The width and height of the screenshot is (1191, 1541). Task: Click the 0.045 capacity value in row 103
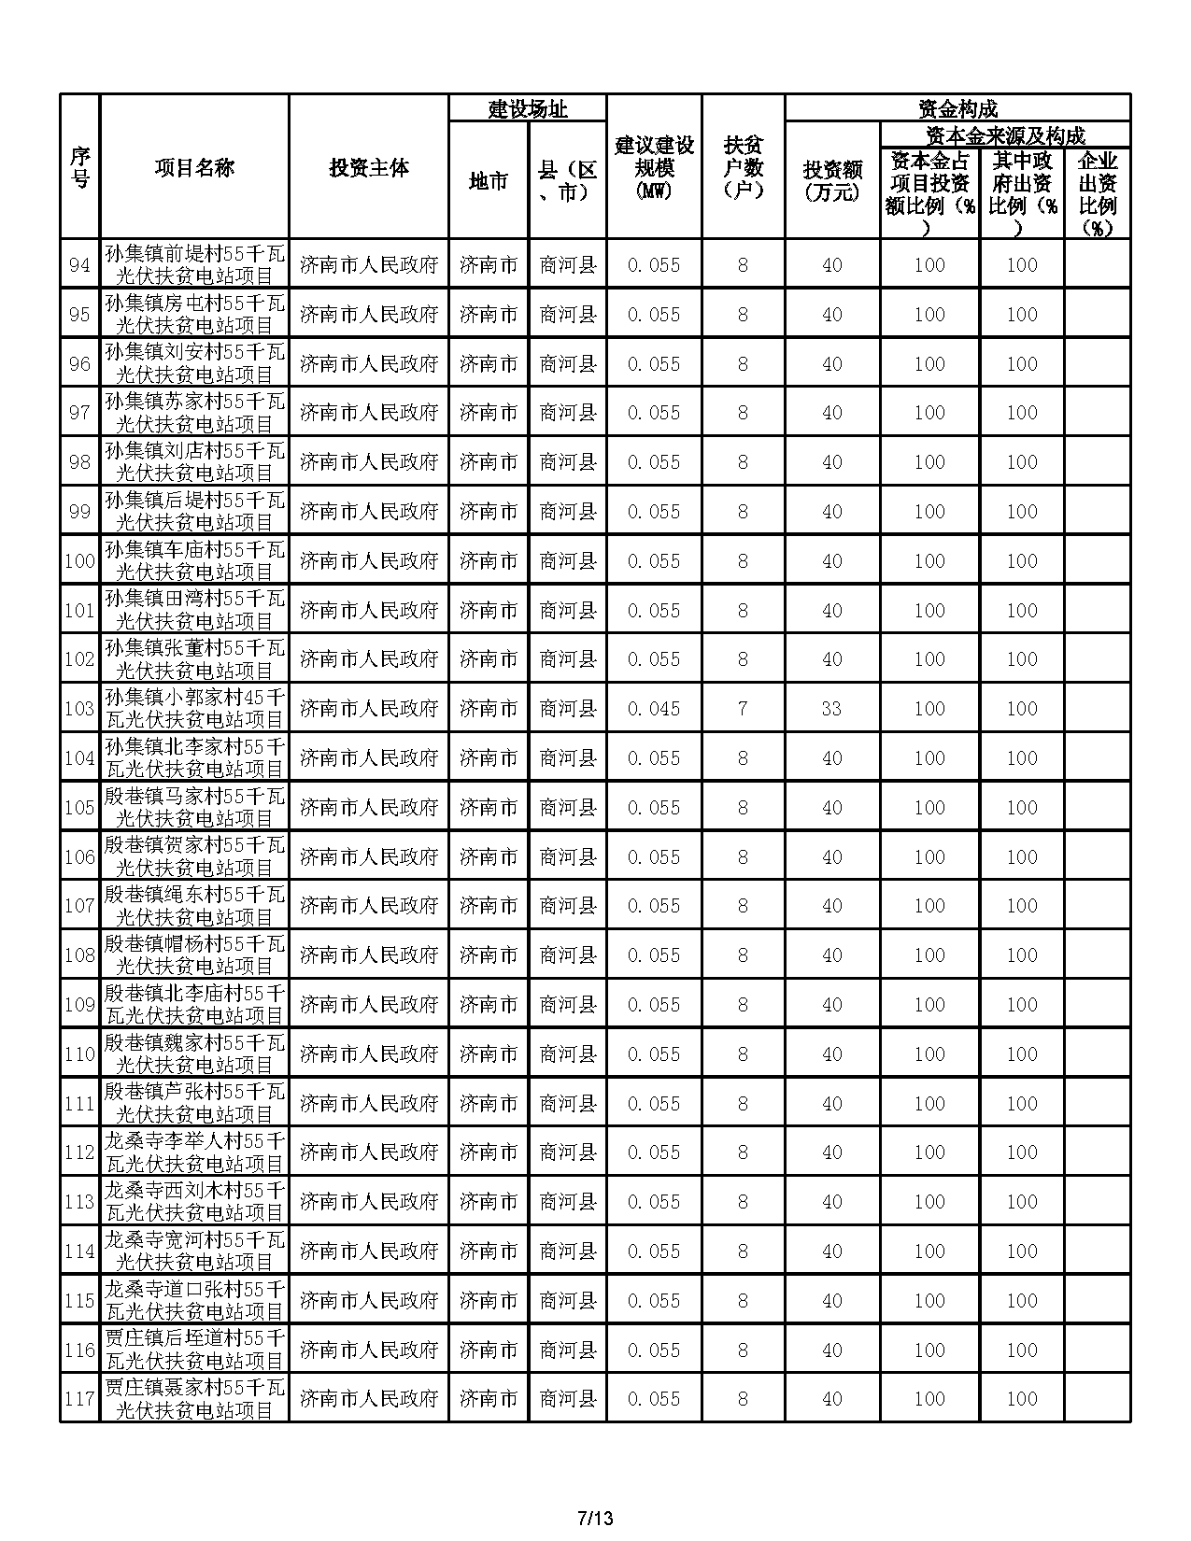pyautogui.click(x=654, y=709)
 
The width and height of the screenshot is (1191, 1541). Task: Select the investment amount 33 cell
pyautogui.click(x=831, y=709)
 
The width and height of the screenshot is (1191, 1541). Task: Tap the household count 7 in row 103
pyautogui.click(x=743, y=709)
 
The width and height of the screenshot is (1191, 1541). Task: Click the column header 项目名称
pyautogui.click(x=194, y=168)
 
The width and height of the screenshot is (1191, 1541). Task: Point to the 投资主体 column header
pyautogui.click(x=368, y=168)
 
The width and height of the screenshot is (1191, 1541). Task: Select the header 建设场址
pyautogui.click(x=528, y=109)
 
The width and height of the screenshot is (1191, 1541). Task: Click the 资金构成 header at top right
pyautogui.click(x=957, y=109)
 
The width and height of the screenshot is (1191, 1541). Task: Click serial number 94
pyautogui.click(x=79, y=265)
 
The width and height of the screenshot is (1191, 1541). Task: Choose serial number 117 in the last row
pyautogui.click(x=79, y=1399)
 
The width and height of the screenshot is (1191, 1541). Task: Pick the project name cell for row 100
pyautogui.click(x=194, y=561)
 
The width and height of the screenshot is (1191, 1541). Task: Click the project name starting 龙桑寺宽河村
pyautogui.click(x=194, y=1251)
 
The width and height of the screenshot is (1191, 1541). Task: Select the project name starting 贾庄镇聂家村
pyautogui.click(x=194, y=1399)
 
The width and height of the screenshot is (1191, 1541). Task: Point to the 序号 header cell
pyautogui.click(x=79, y=168)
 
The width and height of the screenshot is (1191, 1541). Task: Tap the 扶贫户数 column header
pyautogui.click(x=743, y=168)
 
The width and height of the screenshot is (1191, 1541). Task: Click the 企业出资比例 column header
pyautogui.click(x=1098, y=194)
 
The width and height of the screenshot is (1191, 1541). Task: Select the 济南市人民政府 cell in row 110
pyautogui.click(x=368, y=1054)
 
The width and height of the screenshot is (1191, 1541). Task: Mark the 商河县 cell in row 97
pyautogui.click(x=568, y=413)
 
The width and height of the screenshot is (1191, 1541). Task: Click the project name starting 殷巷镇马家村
pyautogui.click(x=194, y=808)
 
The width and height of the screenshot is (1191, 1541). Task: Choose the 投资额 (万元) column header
pyautogui.click(x=831, y=181)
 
